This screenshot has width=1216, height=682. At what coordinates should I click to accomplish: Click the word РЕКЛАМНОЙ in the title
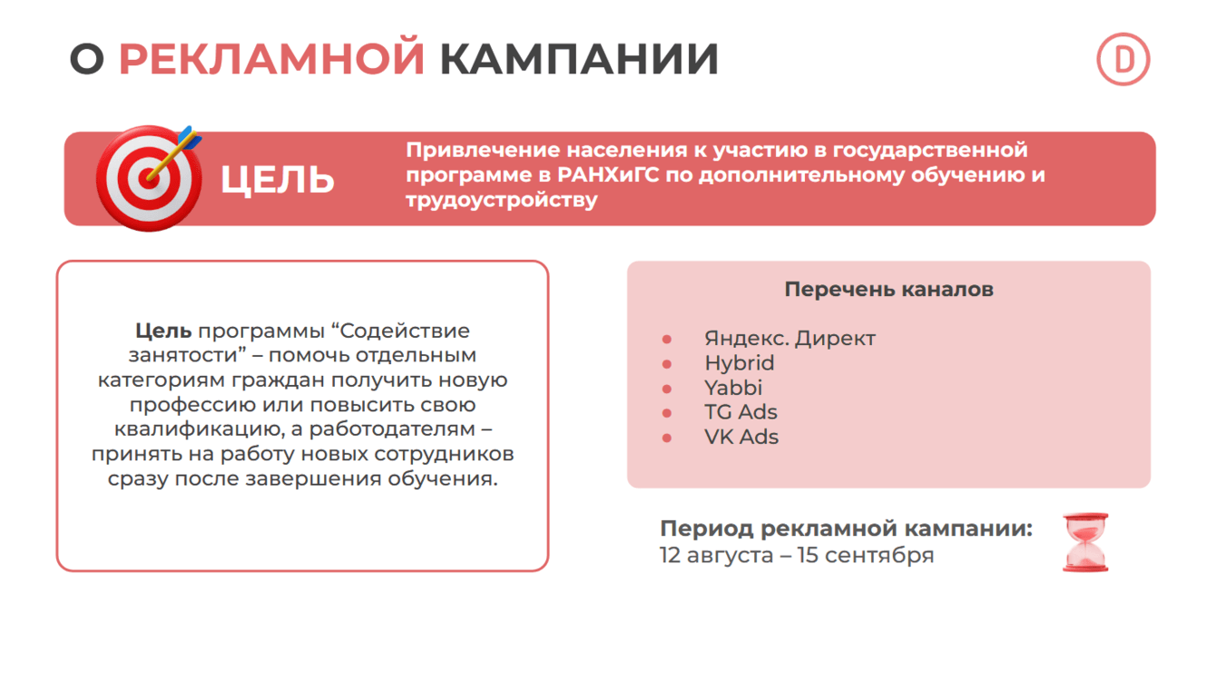click(x=271, y=59)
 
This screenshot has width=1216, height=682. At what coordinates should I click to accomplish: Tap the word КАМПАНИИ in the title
click(x=579, y=59)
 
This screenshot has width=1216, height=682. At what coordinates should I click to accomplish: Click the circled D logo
click(x=1123, y=60)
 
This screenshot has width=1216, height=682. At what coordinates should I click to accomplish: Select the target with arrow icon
click(x=150, y=176)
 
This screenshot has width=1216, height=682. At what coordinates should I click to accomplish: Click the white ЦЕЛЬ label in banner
click(x=278, y=180)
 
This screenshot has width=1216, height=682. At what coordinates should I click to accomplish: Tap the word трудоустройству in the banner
click(x=502, y=200)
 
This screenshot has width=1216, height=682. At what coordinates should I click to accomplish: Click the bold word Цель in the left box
click(x=163, y=331)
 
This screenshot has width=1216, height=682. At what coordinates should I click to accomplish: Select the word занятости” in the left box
click(x=181, y=356)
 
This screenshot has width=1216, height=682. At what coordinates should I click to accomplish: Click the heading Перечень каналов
click(x=888, y=290)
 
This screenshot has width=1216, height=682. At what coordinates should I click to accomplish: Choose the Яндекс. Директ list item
click(x=789, y=339)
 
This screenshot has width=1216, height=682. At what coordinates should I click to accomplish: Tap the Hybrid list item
click(x=740, y=363)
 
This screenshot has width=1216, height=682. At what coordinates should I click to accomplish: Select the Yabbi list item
click(x=733, y=388)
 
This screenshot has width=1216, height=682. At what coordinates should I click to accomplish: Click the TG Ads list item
click(x=740, y=412)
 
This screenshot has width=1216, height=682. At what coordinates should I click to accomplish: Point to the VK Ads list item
click(x=741, y=437)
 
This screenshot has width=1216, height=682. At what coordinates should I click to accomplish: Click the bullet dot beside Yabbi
click(x=667, y=389)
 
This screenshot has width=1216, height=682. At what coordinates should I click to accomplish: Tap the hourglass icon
click(x=1085, y=542)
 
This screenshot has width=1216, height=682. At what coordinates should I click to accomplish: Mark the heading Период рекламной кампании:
click(x=846, y=529)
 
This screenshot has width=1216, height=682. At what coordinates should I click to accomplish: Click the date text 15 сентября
click(x=865, y=555)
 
